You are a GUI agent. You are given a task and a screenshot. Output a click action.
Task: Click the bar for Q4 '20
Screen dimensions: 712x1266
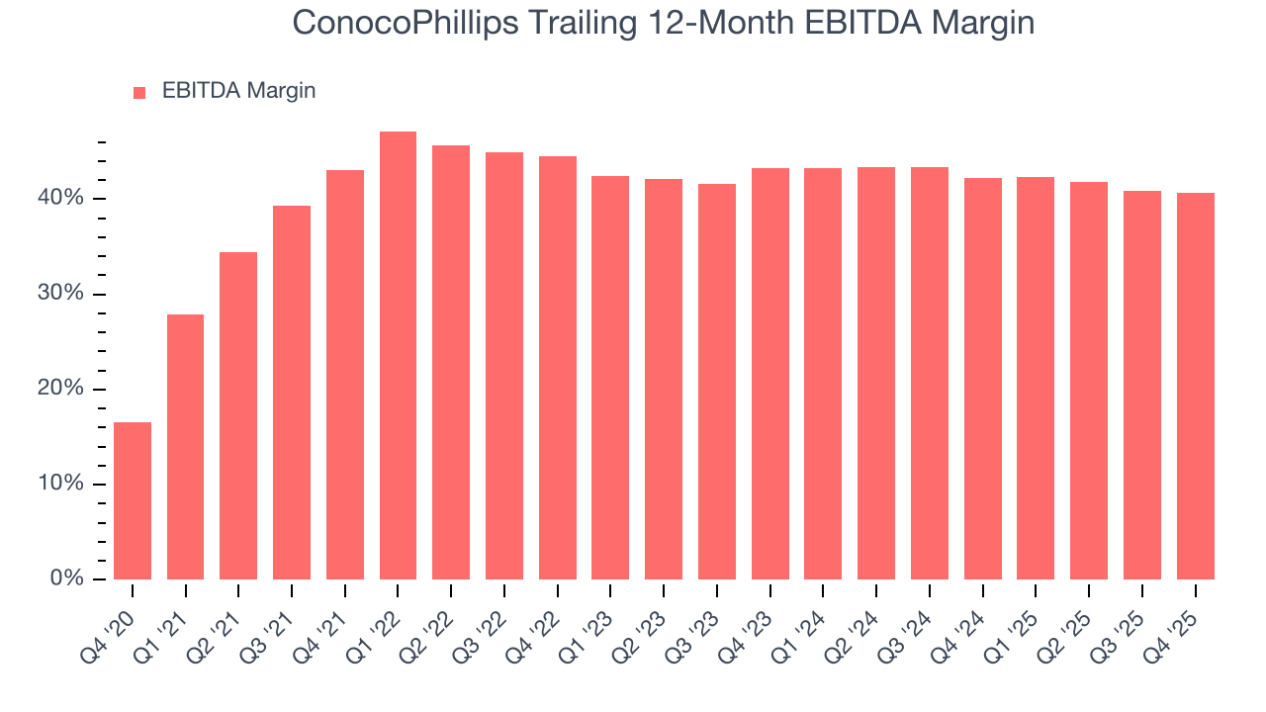(x=133, y=500)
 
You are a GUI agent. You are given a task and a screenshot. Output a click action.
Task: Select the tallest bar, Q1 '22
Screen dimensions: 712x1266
(x=398, y=356)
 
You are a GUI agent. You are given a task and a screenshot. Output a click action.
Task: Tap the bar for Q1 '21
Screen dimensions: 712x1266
(x=186, y=447)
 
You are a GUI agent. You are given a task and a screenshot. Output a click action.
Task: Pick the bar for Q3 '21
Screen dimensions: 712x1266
(x=292, y=393)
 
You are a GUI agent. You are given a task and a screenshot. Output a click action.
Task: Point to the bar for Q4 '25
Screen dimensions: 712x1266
(x=1196, y=386)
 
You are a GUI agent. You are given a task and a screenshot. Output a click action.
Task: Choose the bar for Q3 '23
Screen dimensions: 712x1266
(x=716, y=382)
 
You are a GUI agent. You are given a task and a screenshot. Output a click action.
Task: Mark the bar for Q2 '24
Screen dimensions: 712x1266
(x=876, y=374)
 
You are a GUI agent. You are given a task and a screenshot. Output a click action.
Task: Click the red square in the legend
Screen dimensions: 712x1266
(x=139, y=92)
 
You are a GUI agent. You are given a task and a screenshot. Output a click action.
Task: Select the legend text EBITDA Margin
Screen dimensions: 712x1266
(x=238, y=91)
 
